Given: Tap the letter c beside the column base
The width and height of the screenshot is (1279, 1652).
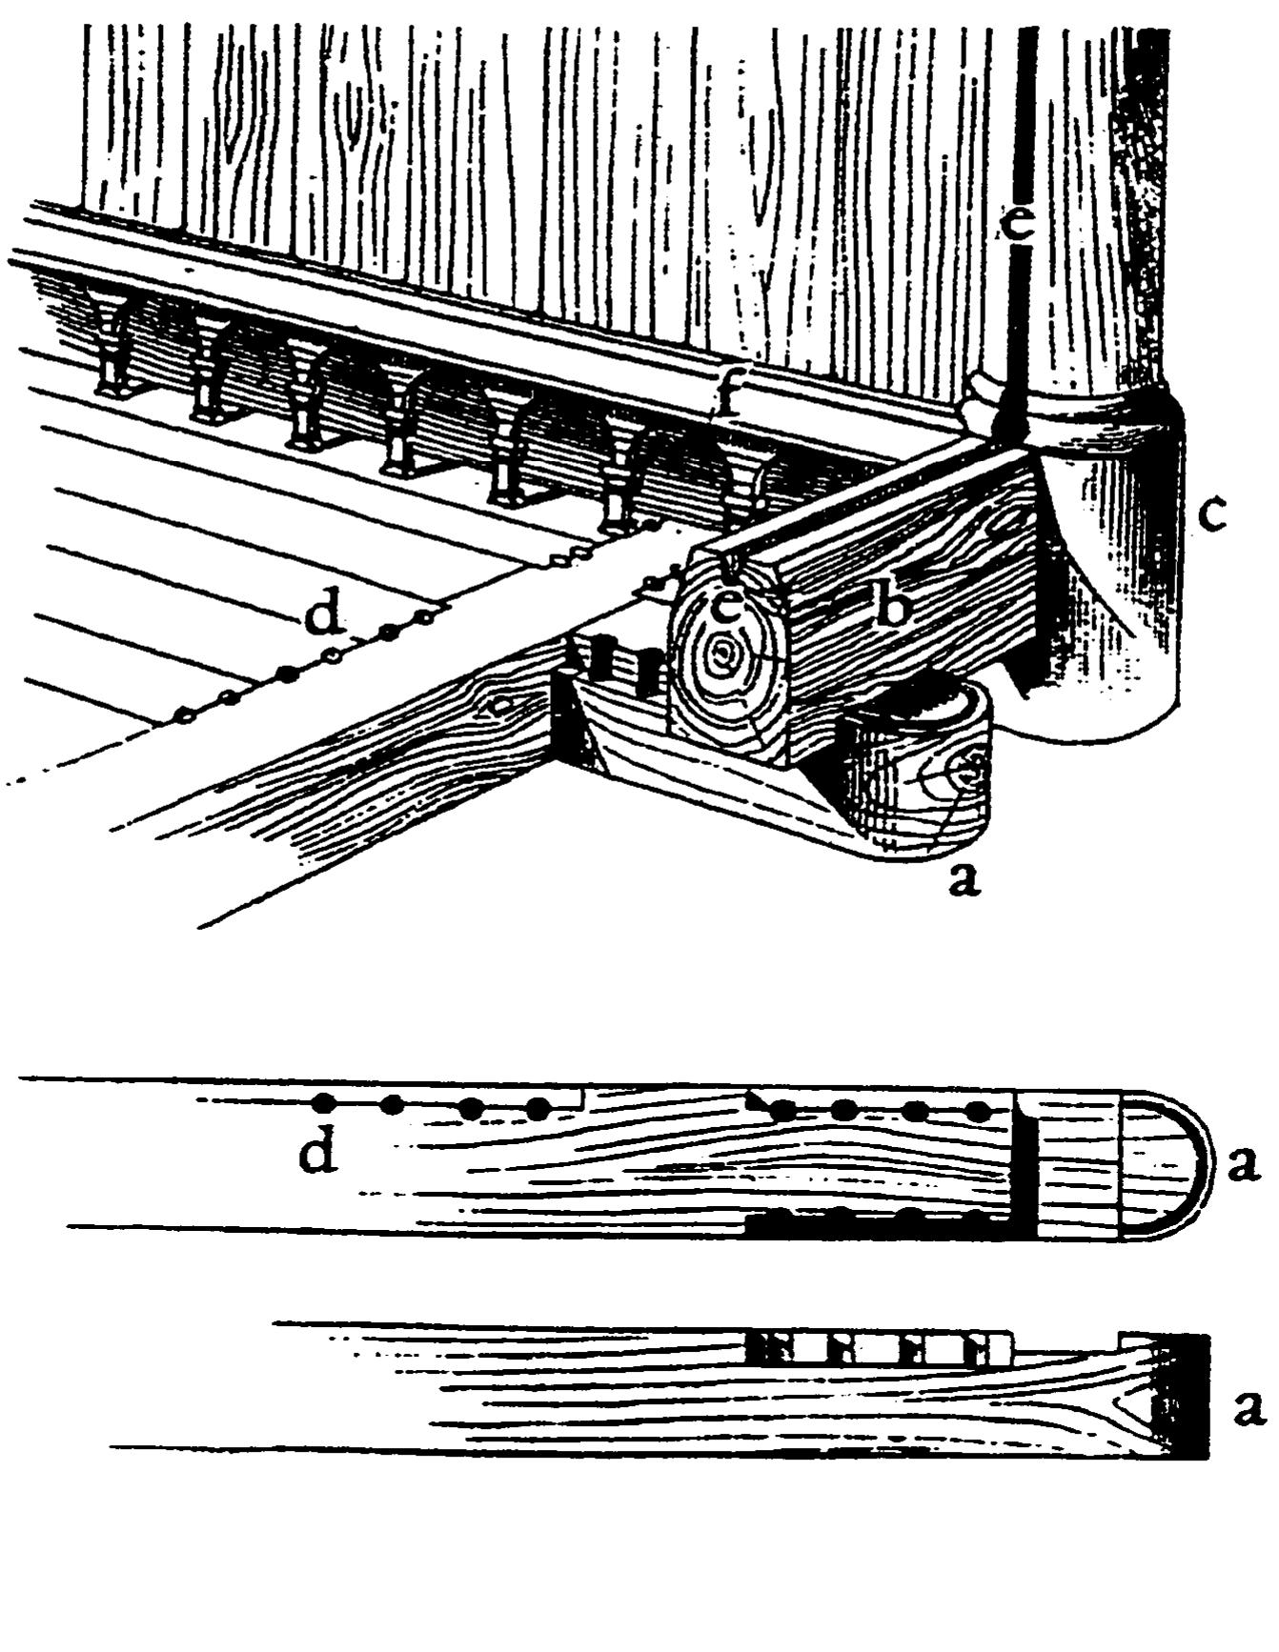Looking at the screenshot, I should [1210, 515].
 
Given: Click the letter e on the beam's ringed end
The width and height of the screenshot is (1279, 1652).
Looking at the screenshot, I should [727, 607].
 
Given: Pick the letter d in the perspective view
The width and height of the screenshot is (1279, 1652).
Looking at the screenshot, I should [324, 617].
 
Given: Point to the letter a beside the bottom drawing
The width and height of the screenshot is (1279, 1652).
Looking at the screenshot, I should [1249, 1408].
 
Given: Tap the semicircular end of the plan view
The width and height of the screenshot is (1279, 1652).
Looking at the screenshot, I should [1167, 1165].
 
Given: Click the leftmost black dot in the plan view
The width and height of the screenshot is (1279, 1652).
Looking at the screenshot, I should [324, 1103].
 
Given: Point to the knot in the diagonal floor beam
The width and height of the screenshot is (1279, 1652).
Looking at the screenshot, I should [499, 705].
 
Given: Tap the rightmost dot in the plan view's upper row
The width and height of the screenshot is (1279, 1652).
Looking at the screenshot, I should [978, 1111].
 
